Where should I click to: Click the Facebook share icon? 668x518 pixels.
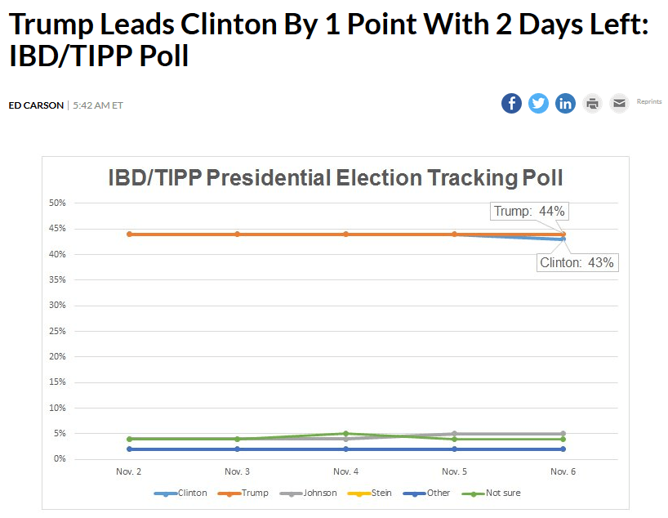(511, 103)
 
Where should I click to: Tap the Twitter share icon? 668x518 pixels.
(538, 103)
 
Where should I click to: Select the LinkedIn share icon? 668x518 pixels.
(565, 103)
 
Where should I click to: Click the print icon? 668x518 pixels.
(593, 103)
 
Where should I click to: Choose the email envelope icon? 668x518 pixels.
(619, 103)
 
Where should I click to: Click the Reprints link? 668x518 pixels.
(649, 101)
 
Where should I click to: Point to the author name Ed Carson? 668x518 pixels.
(36, 105)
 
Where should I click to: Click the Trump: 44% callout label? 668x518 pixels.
(529, 211)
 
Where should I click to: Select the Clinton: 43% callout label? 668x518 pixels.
(577, 263)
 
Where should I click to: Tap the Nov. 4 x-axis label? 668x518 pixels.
(346, 471)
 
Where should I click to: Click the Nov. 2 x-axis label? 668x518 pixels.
(129, 471)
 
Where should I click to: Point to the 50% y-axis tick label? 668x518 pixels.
(58, 203)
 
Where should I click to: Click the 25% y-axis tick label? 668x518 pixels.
(58, 331)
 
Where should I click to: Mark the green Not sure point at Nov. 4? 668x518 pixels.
(346, 434)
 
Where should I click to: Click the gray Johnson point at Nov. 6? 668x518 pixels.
(563, 434)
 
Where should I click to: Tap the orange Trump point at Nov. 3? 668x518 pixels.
(238, 234)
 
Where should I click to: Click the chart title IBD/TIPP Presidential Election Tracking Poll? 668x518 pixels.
(336, 178)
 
